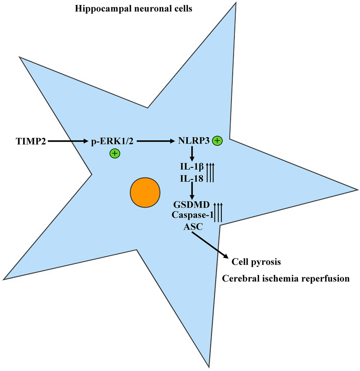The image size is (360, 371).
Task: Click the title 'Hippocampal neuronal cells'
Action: (133, 9)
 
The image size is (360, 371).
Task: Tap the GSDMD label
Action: (191, 205)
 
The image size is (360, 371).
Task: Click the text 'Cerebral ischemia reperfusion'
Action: (286, 279)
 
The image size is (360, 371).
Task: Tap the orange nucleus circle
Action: (145, 193)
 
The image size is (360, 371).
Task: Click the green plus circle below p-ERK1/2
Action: (114, 154)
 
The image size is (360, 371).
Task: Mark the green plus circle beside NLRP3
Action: (217, 141)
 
